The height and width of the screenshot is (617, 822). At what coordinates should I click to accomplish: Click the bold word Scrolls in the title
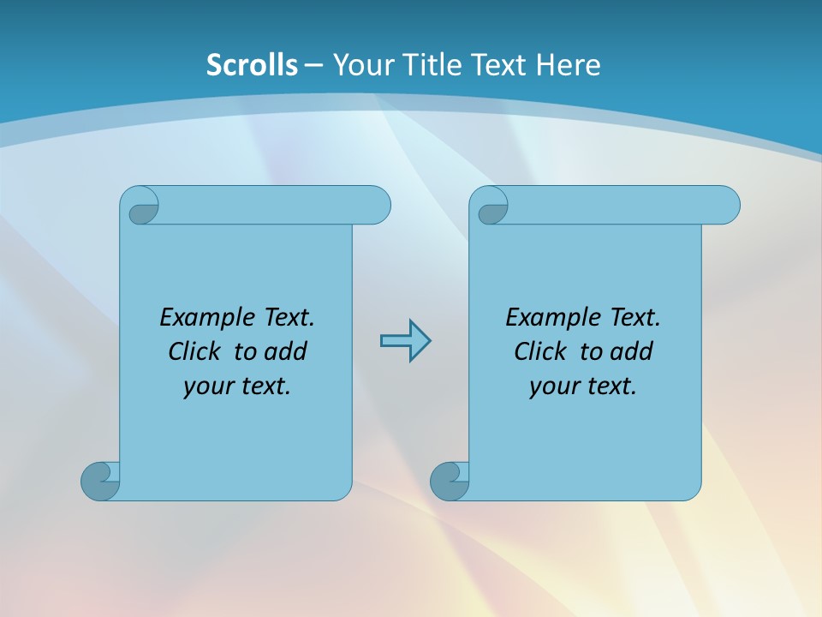(x=252, y=64)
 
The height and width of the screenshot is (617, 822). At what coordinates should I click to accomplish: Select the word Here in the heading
(x=568, y=64)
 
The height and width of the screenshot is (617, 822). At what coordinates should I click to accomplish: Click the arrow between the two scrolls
(x=405, y=341)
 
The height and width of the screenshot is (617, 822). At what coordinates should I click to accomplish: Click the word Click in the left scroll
(x=196, y=351)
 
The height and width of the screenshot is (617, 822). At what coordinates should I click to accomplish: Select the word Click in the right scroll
(x=541, y=351)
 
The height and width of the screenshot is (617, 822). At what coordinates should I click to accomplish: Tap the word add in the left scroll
(x=286, y=351)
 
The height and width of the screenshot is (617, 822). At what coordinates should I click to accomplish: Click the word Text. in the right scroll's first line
(x=634, y=318)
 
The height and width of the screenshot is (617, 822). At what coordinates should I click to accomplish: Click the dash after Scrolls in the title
(x=314, y=64)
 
